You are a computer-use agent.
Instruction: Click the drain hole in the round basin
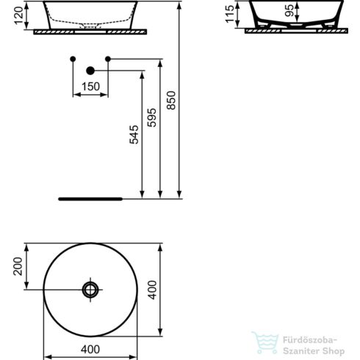(x=90, y=289)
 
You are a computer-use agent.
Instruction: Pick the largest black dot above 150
(x=90, y=71)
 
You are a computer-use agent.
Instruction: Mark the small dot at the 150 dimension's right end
(x=108, y=58)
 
